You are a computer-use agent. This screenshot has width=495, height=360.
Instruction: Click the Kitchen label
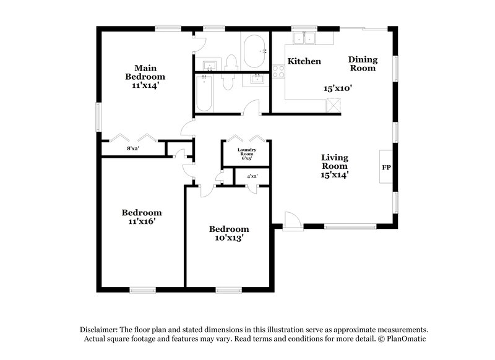coord(304,61)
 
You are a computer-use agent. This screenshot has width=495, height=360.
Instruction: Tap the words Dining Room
coord(363,64)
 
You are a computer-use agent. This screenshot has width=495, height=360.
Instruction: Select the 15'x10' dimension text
coord(338,88)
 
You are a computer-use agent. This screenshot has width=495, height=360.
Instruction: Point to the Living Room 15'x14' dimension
coord(334,174)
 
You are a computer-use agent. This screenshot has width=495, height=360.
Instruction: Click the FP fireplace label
coord(386,168)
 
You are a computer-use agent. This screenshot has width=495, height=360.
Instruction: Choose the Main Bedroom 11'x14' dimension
coord(145,85)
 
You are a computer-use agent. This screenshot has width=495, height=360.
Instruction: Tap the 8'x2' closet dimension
coord(132,148)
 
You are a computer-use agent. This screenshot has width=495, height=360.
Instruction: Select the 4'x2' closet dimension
coord(252,176)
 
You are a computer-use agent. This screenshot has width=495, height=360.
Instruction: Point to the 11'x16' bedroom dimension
coord(142,221)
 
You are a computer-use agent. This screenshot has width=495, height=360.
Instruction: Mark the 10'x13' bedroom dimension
coord(228,238)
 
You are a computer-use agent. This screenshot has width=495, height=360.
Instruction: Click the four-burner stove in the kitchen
coord(278,71)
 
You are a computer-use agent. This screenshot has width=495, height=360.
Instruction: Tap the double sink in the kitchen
coord(304,38)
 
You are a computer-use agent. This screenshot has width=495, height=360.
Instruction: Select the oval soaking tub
coord(254,51)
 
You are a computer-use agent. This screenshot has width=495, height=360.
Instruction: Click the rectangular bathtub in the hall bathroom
coord(204,93)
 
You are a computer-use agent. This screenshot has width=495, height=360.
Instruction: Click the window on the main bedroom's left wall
coord(98,116)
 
